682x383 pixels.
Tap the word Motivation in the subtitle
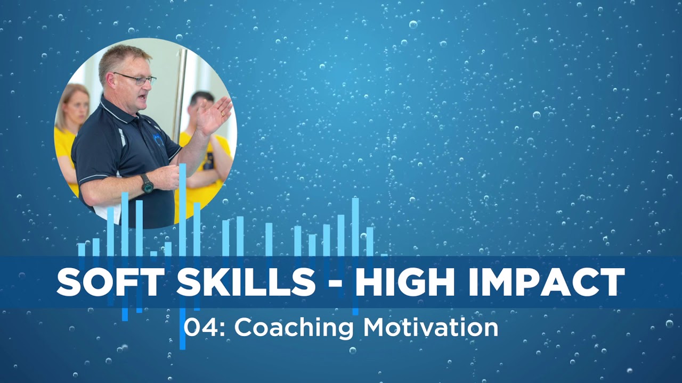point(431,328)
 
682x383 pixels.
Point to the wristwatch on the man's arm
point(147,184)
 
